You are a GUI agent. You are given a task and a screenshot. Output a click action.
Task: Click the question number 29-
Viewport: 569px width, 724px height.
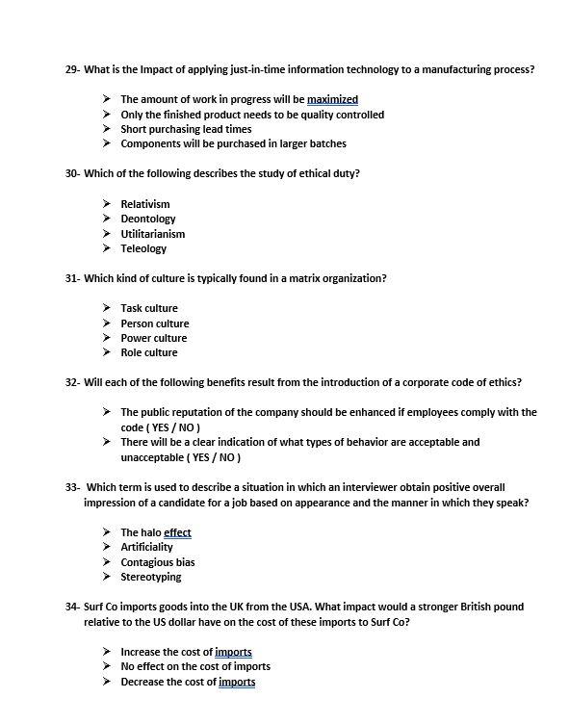(x=72, y=70)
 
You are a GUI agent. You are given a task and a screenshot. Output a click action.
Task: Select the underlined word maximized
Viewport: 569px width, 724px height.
(x=332, y=99)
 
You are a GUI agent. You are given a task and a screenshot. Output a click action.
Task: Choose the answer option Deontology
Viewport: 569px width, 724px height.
(x=148, y=219)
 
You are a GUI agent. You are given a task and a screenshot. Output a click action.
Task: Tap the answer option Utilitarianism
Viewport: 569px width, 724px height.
(x=152, y=234)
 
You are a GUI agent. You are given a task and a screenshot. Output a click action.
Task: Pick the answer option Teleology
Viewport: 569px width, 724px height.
(x=143, y=248)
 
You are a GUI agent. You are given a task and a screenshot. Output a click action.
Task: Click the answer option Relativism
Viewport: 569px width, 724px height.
(x=144, y=204)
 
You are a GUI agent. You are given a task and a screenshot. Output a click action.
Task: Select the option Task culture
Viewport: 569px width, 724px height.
(x=149, y=308)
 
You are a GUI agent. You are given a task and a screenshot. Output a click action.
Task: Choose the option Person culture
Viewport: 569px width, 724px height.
(x=155, y=323)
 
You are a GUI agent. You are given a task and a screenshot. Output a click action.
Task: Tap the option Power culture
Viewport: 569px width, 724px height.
(x=154, y=338)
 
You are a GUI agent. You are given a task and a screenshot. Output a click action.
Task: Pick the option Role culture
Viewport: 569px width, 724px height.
(x=149, y=352)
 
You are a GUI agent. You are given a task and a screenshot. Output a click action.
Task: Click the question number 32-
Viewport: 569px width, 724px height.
(x=72, y=382)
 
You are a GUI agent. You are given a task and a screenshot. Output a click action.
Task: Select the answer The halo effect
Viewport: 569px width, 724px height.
(x=156, y=532)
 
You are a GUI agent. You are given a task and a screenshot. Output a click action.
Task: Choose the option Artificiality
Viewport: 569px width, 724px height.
(x=148, y=547)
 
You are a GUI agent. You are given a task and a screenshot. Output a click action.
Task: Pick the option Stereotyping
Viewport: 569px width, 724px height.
(x=150, y=577)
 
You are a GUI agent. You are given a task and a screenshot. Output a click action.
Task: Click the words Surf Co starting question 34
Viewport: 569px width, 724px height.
(x=102, y=608)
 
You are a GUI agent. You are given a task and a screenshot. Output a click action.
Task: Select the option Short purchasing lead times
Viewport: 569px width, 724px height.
(x=186, y=129)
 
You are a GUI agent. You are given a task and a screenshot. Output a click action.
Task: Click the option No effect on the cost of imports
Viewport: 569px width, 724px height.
(x=195, y=666)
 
